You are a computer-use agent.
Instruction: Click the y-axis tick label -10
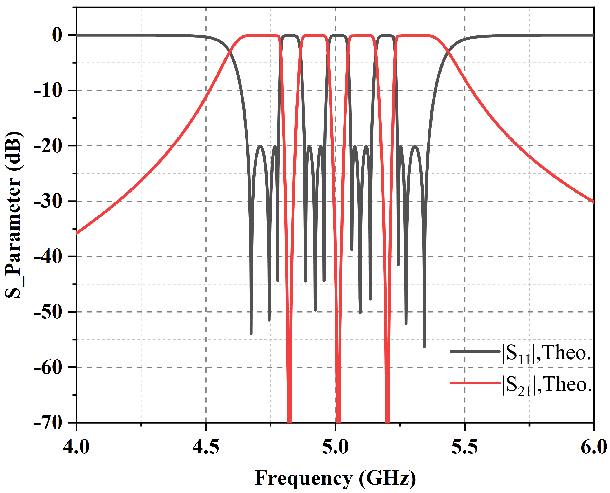48,91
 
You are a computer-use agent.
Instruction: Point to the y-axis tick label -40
48,257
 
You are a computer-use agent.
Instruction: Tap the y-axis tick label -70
48,423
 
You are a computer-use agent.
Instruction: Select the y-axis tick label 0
57,35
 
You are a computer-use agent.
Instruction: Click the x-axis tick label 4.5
206,447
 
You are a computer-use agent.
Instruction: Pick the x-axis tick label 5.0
335,447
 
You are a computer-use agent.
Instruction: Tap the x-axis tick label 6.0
593,447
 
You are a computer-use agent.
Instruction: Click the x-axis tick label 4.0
76,447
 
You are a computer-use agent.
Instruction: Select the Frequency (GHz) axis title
335,478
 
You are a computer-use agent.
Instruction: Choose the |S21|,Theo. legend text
546,386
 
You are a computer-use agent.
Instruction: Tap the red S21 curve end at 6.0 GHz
593,202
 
